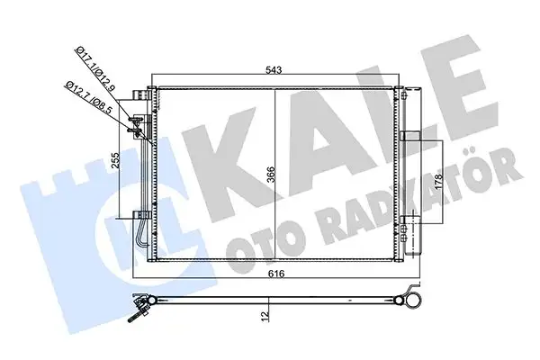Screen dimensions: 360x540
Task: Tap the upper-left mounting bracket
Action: click(x=139, y=95)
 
